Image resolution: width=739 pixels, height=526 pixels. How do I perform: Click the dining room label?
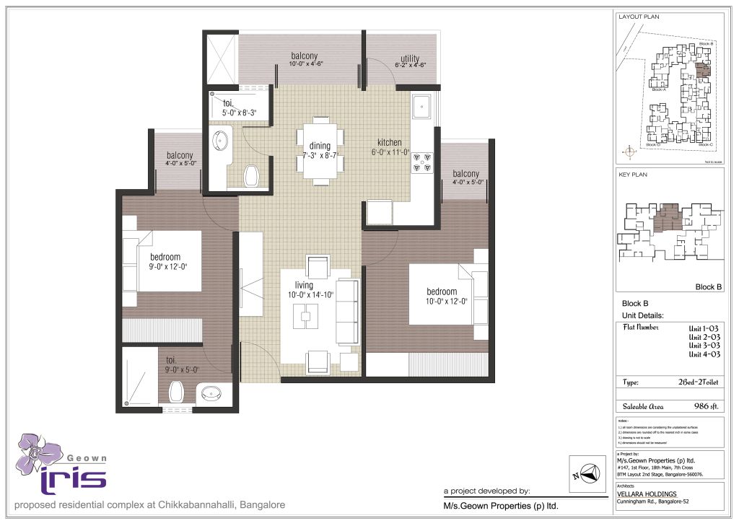pyautogui.click(x=315, y=146)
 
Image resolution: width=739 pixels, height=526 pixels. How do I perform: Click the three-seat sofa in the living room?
pyautogui.click(x=348, y=312)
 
